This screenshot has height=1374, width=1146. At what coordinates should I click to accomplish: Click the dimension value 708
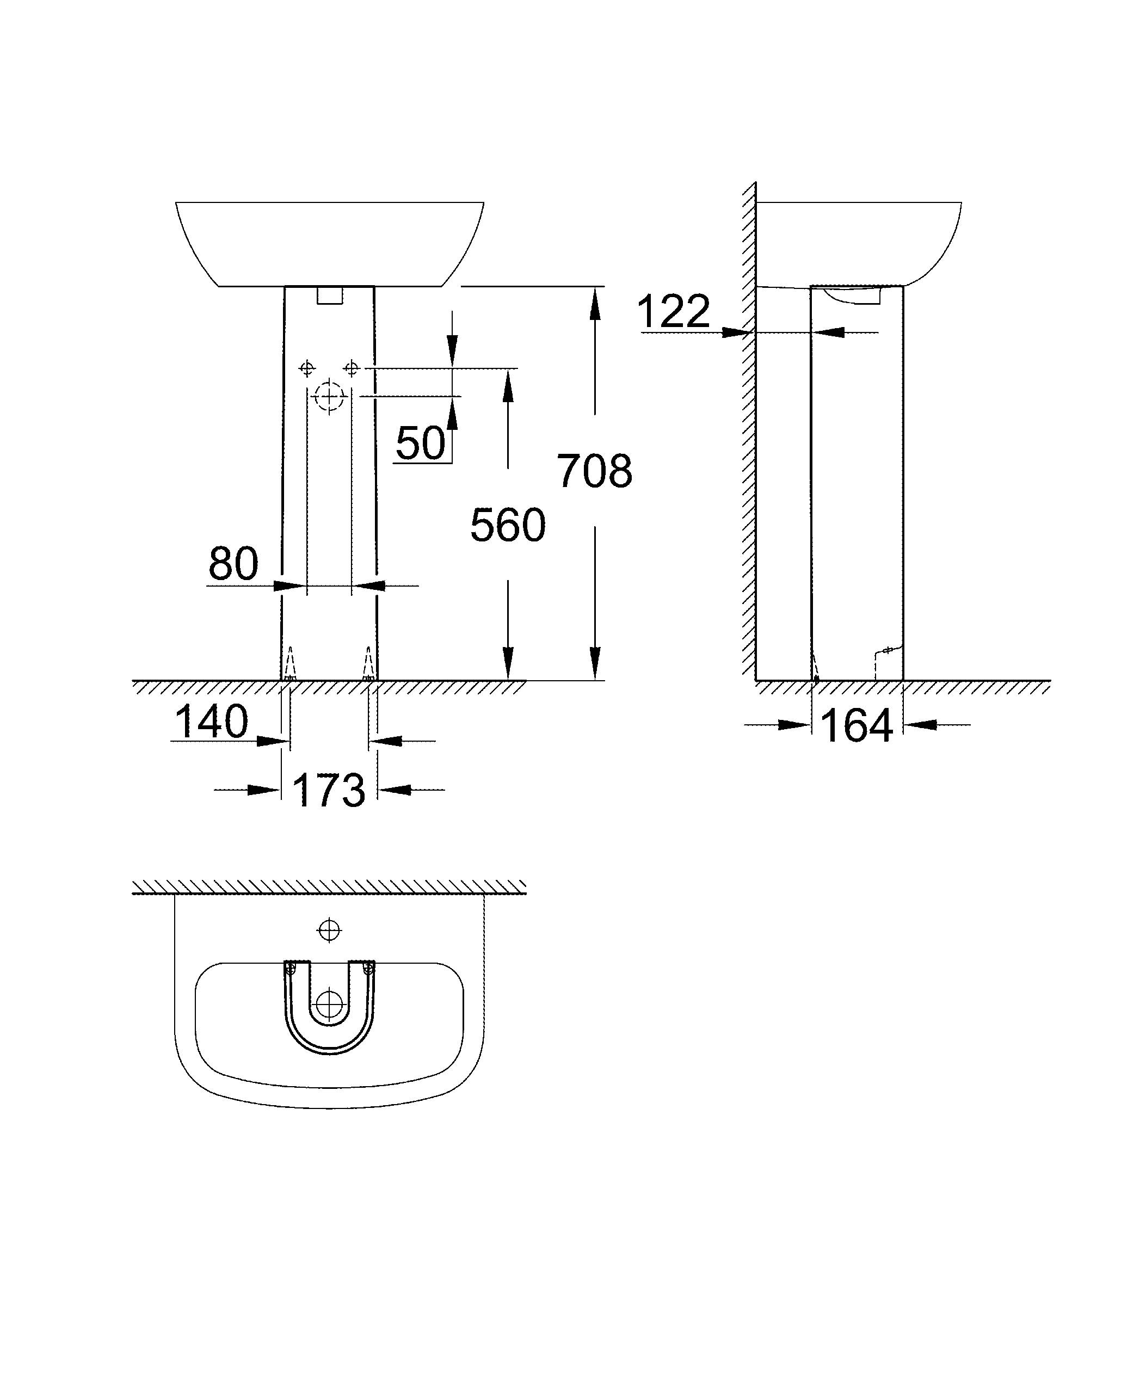pos(594,471)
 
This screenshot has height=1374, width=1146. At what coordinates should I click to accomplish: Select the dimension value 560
pos(508,526)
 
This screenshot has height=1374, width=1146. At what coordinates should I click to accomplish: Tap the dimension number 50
pos(421,443)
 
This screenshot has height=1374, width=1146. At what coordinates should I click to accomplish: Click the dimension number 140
pos(211,722)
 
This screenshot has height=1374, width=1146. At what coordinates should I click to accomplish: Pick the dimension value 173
pos(328,790)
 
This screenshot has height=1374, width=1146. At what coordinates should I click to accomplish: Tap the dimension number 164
pos(855,726)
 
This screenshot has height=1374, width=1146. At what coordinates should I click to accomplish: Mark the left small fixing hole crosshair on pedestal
pos(307,369)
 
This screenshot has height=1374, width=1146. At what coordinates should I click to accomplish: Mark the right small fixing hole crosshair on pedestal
pos(352,369)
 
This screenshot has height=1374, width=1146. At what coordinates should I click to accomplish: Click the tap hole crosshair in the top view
pos(329,930)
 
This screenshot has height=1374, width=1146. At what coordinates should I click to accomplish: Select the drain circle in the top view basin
pos(329,1005)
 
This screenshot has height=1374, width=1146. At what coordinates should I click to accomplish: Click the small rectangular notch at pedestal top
pos(329,295)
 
